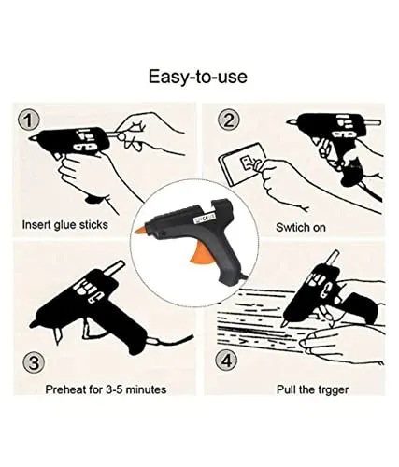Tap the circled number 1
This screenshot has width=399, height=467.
32,121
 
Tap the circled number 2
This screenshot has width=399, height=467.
229,121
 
